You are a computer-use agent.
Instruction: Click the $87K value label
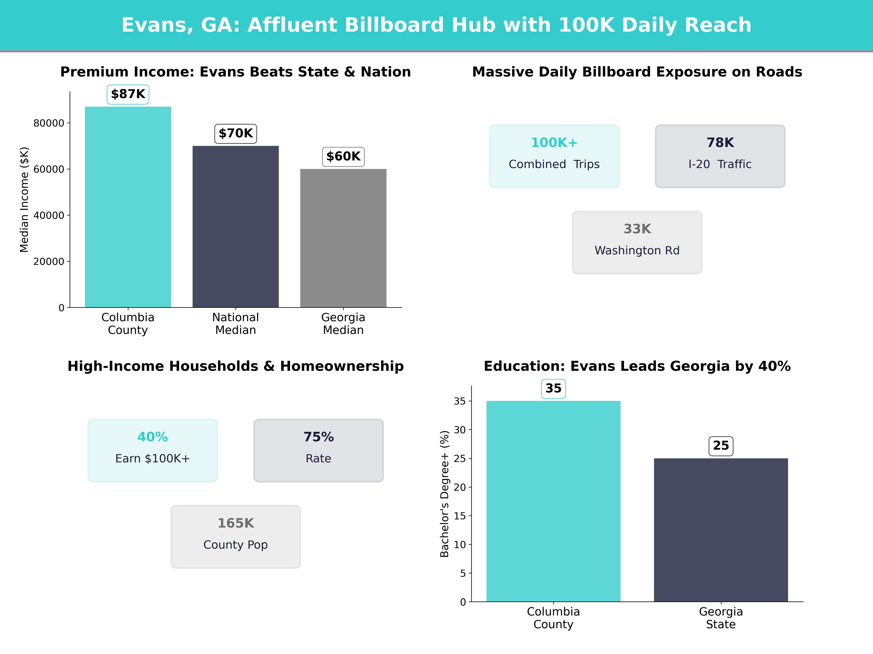pyautogui.click(x=128, y=94)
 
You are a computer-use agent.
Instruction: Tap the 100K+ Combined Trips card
pyautogui.click(x=554, y=156)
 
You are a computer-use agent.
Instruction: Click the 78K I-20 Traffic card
pyautogui.click(x=720, y=156)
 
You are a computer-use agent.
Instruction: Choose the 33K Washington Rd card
pyautogui.click(x=637, y=243)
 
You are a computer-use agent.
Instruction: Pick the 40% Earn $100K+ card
pyautogui.click(x=153, y=450)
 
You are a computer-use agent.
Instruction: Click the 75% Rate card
pyautogui.click(x=318, y=450)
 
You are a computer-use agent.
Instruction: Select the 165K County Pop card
pyautogui.click(x=236, y=536)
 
